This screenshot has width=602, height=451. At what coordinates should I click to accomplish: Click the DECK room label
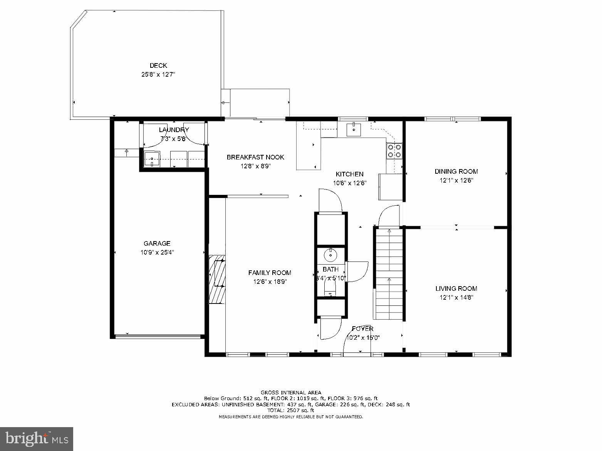pyautogui.click(x=158, y=66)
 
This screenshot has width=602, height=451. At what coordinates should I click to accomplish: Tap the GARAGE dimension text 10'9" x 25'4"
pyautogui.click(x=157, y=253)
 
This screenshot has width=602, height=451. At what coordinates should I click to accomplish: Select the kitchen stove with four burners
pyautogui.click(x=394, y=151)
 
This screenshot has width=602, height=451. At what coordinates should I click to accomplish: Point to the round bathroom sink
pyautogui.click(x=330, y=255)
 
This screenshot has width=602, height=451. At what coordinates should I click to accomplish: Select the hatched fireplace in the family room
pyautogui.click(x=217, y=279)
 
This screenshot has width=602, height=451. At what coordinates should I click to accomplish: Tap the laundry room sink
pyautogui.click(x=152, y=159)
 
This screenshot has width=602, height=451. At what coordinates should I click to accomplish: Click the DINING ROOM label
pyautogui.click(x=456, y=172)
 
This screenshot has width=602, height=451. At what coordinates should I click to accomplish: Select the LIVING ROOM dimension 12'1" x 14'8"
pyautogui.click(x=456, y=297)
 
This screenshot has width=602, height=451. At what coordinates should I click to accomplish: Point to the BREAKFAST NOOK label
pyautogui.click(x=255, y=157)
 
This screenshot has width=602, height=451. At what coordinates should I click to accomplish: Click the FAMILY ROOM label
pyautogui.click(x=270, y=273)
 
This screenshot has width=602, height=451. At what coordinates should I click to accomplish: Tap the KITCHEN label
pyautogui.click(x=349, y=174)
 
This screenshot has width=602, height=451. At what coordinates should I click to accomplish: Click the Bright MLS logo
pyautogui.click(x=37, y=439)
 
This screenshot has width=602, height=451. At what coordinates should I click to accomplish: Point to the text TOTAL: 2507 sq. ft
pyautogui.click(x=291, y=411)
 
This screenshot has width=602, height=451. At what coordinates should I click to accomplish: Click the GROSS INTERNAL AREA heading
pyautogui.click(x=291, y=392)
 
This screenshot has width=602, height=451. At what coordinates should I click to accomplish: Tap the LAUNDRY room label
pyautogui.click(x=174, y=130)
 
